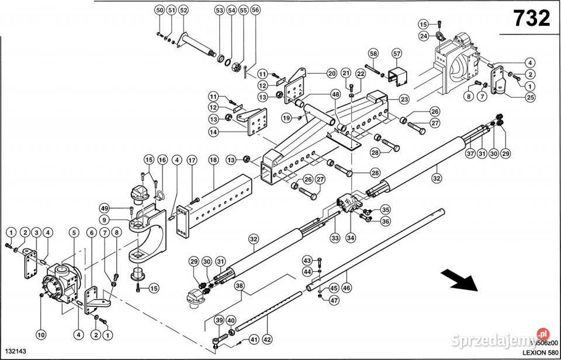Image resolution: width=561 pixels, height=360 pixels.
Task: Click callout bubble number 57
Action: coord(397,54)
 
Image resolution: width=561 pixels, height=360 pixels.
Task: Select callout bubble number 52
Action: coord(183,11)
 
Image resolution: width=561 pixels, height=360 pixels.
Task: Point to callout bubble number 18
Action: coord(213,160)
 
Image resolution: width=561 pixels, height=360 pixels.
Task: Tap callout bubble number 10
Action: coord(40,335)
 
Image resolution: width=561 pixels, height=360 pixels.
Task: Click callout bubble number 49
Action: coord(105,209)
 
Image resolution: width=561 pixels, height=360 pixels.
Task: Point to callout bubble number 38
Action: coord(239,286)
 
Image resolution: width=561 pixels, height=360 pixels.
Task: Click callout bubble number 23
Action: coord(404,99)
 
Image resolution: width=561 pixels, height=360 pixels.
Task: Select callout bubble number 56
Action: coord(255,11)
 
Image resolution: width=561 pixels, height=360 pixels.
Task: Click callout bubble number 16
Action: coord(161,160)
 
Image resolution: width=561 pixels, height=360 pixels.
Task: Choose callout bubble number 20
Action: coord(331,74)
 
